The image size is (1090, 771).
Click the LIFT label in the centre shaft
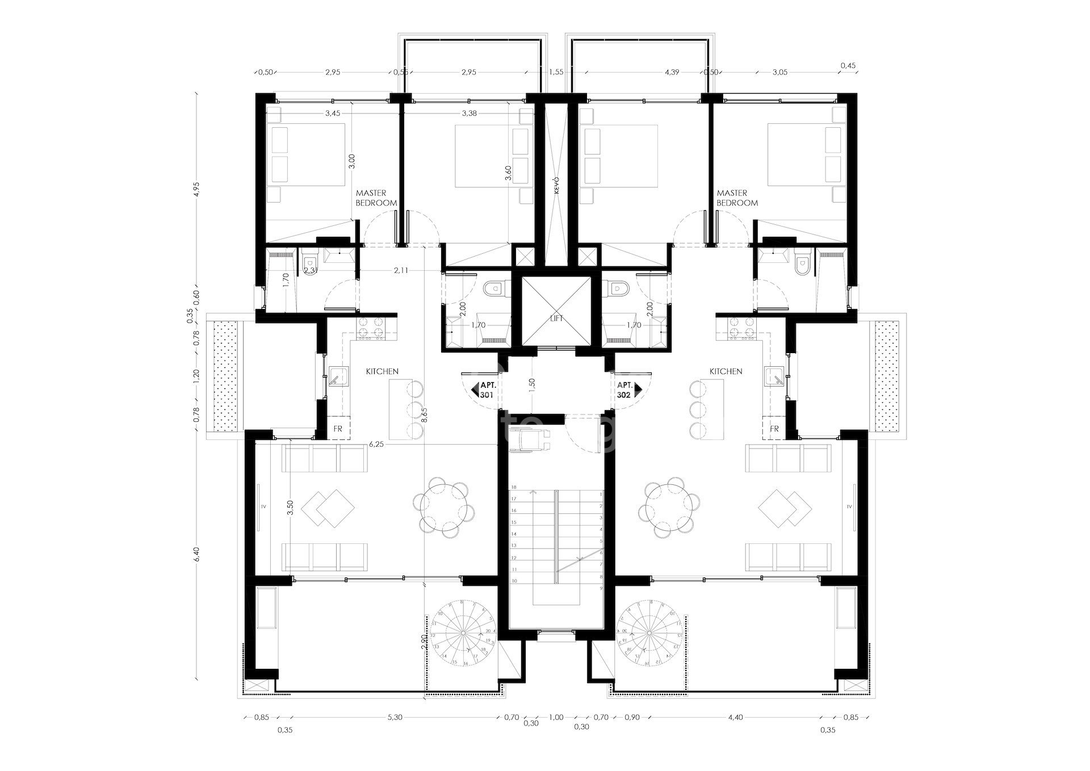click(556, 319)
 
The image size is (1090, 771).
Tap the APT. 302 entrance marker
click(627, 389)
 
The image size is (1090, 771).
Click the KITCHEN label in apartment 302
click(726, 371)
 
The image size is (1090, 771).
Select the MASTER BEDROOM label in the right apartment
click(737, 198)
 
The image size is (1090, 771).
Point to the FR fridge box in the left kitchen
click(338, 429)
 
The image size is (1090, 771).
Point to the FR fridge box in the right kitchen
click(774, 429)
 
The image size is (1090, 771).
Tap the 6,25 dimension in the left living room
click(376, 445)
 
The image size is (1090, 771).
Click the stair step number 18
click(514, 487)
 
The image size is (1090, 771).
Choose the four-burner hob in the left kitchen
click(372, 328)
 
